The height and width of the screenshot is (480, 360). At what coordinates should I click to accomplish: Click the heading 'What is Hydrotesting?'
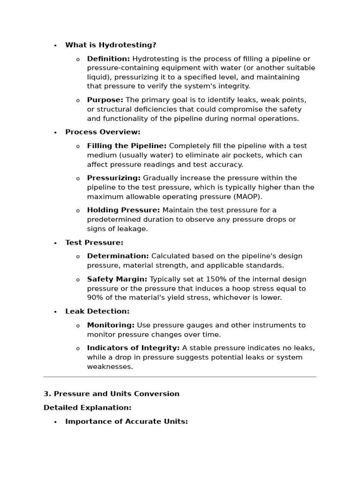tap(111, 45)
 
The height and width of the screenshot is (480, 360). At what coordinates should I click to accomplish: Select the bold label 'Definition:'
tap(108, 59)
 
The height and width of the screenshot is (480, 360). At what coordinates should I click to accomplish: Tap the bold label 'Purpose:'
tap(105, 100)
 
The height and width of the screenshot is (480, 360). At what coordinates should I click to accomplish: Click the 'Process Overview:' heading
tap(103, 132)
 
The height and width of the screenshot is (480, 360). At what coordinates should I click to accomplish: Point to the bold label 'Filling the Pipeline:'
tap(127, 146)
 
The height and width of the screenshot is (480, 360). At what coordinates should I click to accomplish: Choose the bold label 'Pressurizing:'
tap(113, 178)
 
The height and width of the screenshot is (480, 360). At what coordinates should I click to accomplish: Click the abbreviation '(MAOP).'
tap(246, 196)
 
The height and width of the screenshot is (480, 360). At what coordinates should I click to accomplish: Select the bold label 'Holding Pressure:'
tap(123, 210)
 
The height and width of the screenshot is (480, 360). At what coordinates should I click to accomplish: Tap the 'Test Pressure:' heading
tap(94, 243)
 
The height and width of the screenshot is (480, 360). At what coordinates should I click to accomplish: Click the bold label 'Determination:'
tap(118, 256)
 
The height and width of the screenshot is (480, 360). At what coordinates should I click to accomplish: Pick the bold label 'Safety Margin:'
tap(117, 279)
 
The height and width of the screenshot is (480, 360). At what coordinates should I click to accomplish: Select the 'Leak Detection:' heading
tap(97, 311)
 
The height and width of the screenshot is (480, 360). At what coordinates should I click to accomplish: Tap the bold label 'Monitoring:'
tap(111, 325)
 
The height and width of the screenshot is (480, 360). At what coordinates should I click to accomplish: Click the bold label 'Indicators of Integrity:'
tap(133, 348)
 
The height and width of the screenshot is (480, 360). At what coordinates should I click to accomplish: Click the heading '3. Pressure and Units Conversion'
tap(112, 394)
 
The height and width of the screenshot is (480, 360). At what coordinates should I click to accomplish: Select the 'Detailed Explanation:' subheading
tap(88, 408)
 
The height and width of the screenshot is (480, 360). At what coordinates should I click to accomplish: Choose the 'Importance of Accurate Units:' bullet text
tap(127, 421)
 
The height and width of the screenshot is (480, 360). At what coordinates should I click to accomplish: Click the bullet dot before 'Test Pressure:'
tap(55, 243)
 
